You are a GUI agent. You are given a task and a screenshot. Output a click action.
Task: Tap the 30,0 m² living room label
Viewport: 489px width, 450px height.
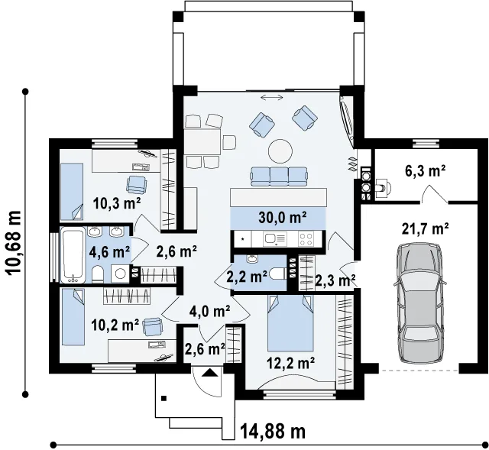point(283,218)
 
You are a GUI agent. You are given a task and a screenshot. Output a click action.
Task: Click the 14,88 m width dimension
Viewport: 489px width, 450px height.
point(273,432)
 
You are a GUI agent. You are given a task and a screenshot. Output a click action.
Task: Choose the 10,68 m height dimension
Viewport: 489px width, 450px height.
point(14,243)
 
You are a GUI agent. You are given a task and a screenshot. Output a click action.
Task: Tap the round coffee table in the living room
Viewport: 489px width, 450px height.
point(280,151)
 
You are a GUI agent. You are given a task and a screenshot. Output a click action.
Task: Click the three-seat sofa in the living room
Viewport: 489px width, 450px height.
point(279,176)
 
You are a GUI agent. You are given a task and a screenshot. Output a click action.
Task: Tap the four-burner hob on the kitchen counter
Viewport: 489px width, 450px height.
point(306,239)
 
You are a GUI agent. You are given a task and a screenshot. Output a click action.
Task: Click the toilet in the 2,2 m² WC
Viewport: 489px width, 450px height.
point(278,274)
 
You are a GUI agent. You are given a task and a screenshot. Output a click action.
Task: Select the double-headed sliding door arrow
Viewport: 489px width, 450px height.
point(272,98)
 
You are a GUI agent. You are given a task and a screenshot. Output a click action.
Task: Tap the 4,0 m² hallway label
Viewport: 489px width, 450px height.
point(209,311)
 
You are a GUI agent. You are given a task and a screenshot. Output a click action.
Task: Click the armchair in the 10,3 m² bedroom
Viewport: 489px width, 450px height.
point(136,184)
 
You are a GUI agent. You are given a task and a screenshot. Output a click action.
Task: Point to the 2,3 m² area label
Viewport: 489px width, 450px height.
point(335,280)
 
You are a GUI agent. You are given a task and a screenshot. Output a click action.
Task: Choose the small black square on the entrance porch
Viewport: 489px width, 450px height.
point(164,398)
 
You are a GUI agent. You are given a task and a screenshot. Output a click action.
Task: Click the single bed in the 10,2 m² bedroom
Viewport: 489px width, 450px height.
point(73,317)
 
